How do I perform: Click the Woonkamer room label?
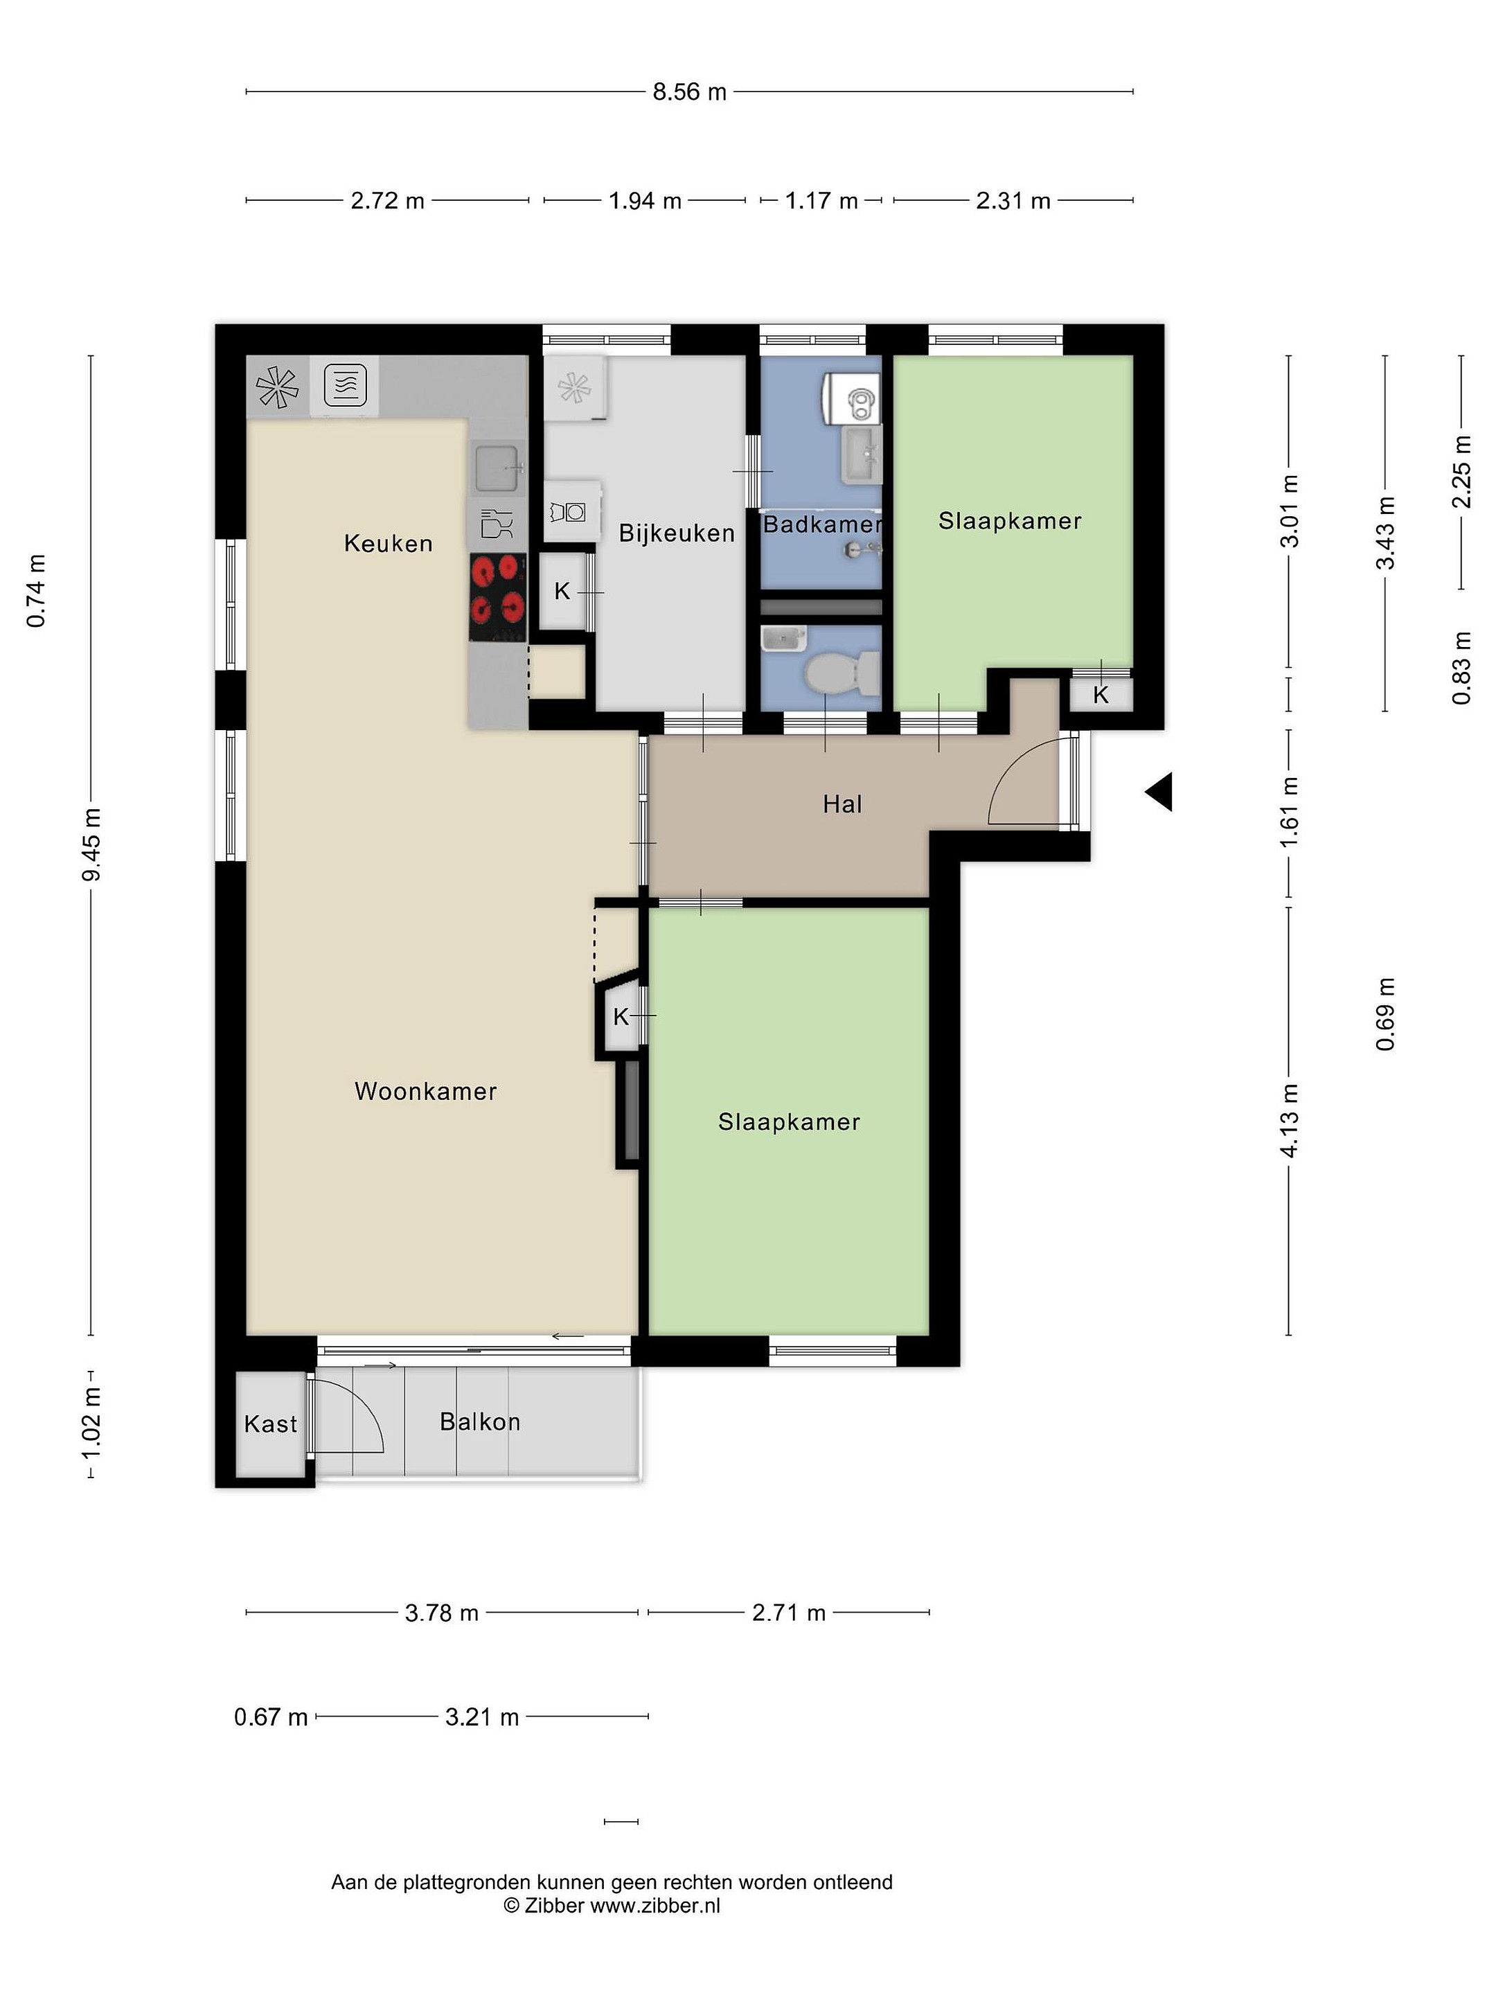pyautogui.click(x=426, y=1091)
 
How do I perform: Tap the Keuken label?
pyautogui.click(x=389, y=543)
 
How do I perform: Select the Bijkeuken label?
pyautogui.click(x=676, y=533)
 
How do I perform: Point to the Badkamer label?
pyautogui.click(x=822, y=524)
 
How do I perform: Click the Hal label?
pyautogui.click(x=842, y=804)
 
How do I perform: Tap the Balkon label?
pyautogui.click(x=480, y=1421)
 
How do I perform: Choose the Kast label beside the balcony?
pyautogui.click(x=271, y=1424)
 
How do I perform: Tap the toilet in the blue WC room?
pyautogui.click(x=842, y=673)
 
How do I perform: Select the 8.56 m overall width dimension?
pyautogui.click(x=689, y=92)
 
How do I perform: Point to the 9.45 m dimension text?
pyautogui.click(x=91, y=845)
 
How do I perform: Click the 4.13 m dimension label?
pyautogui.click(x=1290, y=1121)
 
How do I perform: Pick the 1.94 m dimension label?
pyautogui.click(x=645, y=200)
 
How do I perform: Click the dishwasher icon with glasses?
pyautogui.click(x=497, y=524)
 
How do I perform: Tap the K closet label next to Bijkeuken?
pyautogui.click(x=562, y=591)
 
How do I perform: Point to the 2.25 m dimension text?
pyautogui.click(x=1462, y=472)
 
